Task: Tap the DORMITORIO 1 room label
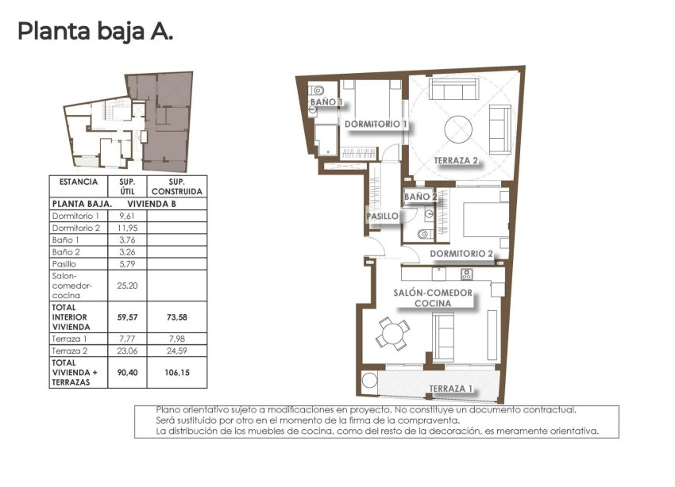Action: tap(376, 125)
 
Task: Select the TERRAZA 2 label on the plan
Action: tap(456, 161)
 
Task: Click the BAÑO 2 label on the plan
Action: tap(421, 197)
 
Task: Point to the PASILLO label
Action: tap(382, 216)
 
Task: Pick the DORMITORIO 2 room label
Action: tap(461, 254)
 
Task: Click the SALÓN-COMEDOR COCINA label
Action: tap(433, 298)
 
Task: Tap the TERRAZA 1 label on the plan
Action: tap(451, 389)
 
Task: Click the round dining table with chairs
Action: tap(393, 332)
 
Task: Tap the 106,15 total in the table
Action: tap(177, 370)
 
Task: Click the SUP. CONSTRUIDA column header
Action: tap(177, 186)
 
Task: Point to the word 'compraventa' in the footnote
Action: tap(432, 420)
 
